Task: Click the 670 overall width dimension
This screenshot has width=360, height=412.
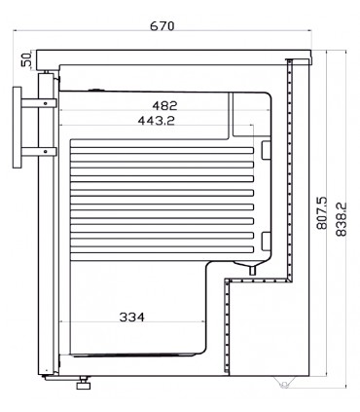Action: click(163, 26)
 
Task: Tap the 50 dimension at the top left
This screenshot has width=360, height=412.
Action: click(26, 60)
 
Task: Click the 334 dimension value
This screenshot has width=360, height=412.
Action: click(132, 318)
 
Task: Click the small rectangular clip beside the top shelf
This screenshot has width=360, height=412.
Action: click(266, 148)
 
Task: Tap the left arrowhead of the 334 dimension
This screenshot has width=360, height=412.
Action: click(63, 323)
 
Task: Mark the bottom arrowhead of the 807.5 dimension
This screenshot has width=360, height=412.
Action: click(318, 374)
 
